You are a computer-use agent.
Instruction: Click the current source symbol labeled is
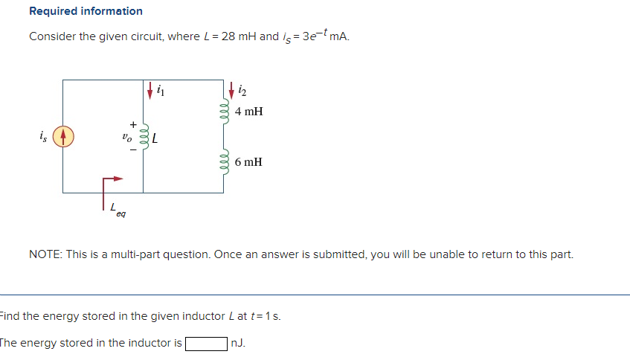(x=63, y=136)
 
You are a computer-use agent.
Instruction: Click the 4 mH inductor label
(x=248, y=112)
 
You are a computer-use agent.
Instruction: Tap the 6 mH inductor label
(x=248, y=161)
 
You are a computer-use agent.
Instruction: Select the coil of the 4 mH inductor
(x=223, y=112)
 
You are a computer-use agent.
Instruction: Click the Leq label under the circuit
(x=118, y=211)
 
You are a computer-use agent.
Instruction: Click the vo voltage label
(x=128, y=137)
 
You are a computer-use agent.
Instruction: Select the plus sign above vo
(x=134, y=123)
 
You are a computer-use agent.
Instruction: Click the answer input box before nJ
(x=206, y=344)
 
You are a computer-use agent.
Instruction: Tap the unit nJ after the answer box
(x=237, y=344)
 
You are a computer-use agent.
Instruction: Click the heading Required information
(x=86, y=11)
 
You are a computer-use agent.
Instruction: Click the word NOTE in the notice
(x=45, y=254)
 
